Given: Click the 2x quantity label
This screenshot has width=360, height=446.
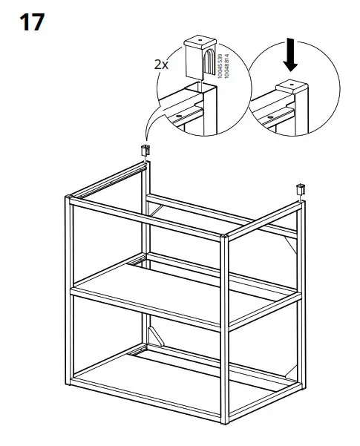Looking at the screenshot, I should coord(162,65).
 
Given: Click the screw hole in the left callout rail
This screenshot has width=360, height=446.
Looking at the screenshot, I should coord(180,117).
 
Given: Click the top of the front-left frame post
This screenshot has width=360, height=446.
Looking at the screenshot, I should coord(68,197).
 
